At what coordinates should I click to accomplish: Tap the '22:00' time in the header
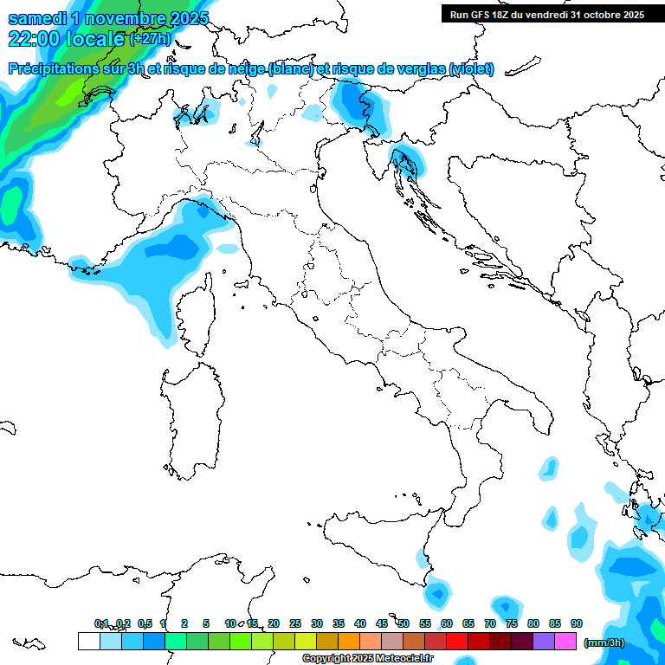pos(28,39)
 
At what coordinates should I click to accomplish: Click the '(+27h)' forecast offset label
pos(151,39)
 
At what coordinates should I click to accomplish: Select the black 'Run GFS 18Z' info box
pos(546,14)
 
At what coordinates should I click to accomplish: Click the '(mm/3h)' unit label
pos(604,642)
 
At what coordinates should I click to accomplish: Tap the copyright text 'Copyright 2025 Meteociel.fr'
pos(367,659)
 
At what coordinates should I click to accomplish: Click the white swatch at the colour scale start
pos(88,642)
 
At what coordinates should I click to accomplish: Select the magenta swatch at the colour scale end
pos(565,642)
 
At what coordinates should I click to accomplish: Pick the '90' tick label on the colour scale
pos(577,624)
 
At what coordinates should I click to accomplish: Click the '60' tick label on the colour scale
pos(447,624)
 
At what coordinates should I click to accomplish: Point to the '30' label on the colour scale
pos(317,624)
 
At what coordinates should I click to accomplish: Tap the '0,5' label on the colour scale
pos(145,624)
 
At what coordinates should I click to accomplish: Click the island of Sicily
pos(381,546)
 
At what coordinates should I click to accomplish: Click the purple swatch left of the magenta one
pos(544,642)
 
